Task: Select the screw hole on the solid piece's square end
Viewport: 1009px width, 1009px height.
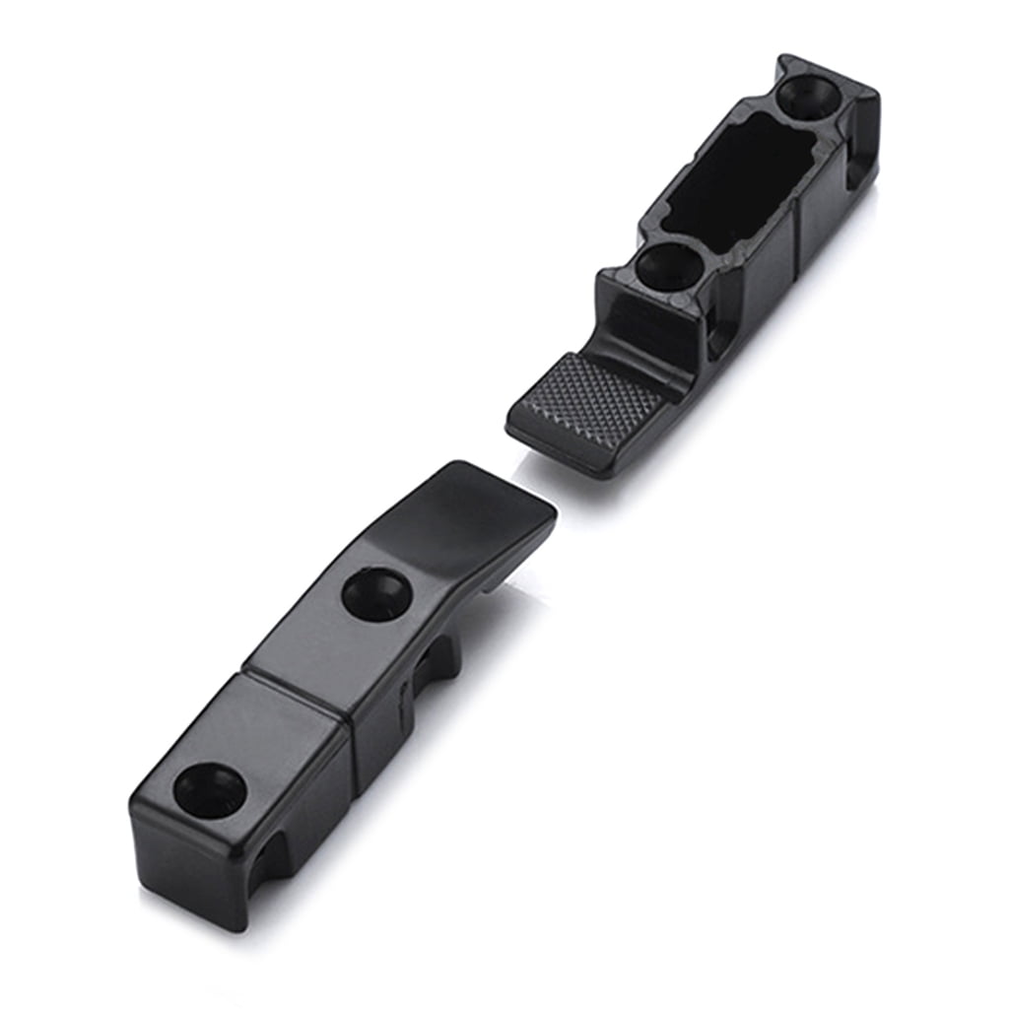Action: [210, 788]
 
